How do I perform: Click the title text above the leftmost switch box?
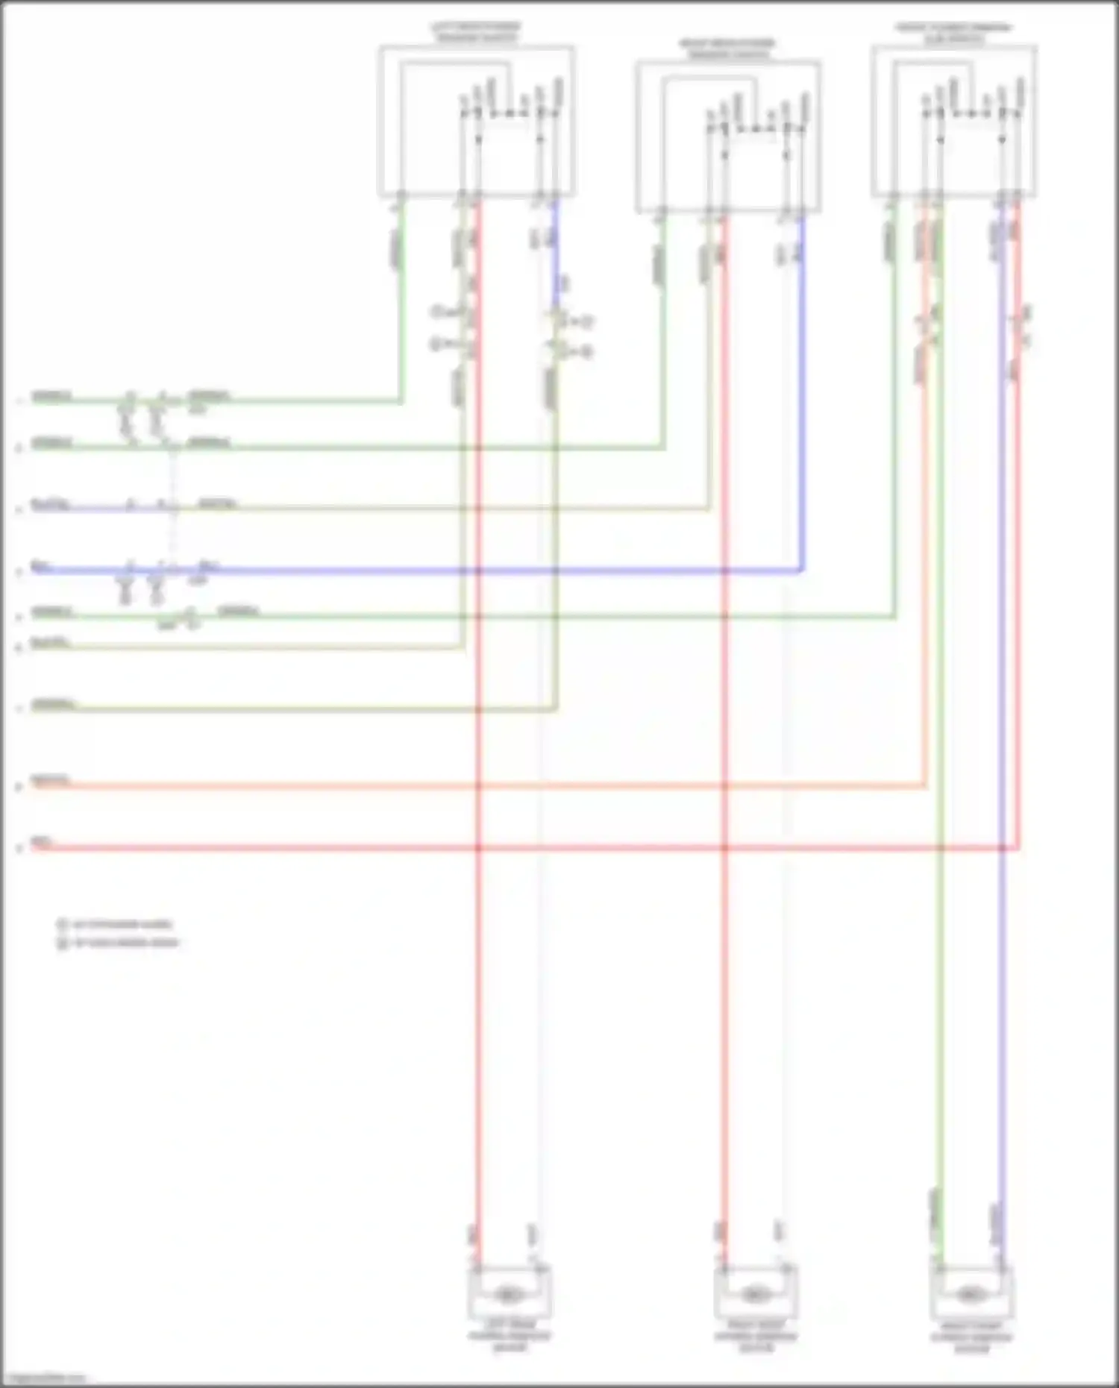[x=476, y=32]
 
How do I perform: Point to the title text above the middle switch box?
[x=727, y=48]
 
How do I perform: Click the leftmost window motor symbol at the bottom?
[x=509, y=1295]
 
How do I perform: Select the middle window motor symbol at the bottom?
[x=755, y=1295]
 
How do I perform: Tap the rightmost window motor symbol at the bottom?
[x=970, y=1293]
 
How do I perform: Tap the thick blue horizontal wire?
[x=448, y=571]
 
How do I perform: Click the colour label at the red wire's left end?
[x=40, y=843]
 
